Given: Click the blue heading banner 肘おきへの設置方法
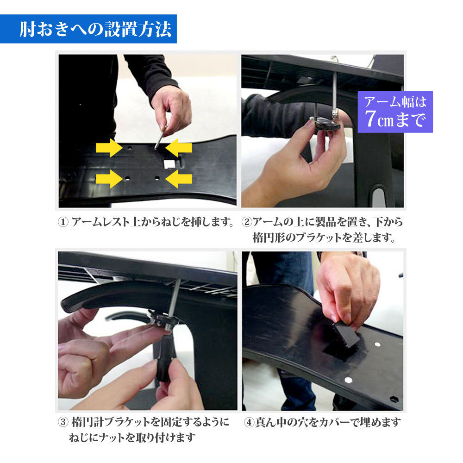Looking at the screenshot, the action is (x=88, y=29).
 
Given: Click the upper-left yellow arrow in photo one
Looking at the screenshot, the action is (x=109, y=148).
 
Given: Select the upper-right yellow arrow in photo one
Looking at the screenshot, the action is (x=179, y=148).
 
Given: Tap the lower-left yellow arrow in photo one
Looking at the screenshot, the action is (x=109, y=179).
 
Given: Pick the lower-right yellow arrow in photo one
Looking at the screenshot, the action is (x=179, y=179).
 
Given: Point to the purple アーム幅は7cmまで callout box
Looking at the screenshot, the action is (x=395, y=112).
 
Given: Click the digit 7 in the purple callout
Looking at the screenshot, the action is (x=370, y=119).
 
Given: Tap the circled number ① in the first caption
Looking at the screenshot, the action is (x=63, y=222).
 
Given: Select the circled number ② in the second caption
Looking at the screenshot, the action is (x=247, y=222).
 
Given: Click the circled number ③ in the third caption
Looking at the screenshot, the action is (x=63, y=422).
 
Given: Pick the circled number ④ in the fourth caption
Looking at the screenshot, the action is (x=249, y=422).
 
